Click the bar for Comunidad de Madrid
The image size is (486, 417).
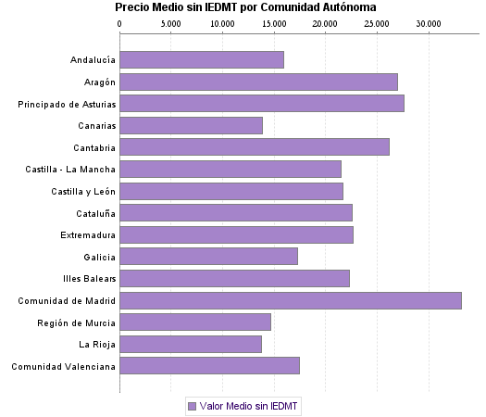(x=291, y=300)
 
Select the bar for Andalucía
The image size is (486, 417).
(x=202, y=60)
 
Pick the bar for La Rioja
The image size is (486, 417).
(x=191, y=344)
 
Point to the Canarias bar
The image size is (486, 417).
(x=192, y=125)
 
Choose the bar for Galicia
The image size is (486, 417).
(x=209, y=257)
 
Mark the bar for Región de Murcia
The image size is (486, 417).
(x=195, y=322)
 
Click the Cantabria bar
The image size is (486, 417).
(x=255, y=147)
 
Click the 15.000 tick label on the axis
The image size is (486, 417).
(x=273, y=22)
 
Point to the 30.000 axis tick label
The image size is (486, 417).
(x=427, y=22)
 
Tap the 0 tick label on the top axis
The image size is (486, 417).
(x=120, y=22)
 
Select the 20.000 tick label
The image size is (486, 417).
(x=324, y=22)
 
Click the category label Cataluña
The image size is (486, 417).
(x=94, y=213)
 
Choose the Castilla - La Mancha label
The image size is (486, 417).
(x=71, y=169)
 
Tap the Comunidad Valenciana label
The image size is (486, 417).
(x=64, y=366)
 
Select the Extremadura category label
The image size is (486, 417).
(x=88, y=234)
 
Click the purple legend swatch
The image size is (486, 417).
(x=192, y=406)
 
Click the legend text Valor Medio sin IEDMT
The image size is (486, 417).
(x=250, y=406)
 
